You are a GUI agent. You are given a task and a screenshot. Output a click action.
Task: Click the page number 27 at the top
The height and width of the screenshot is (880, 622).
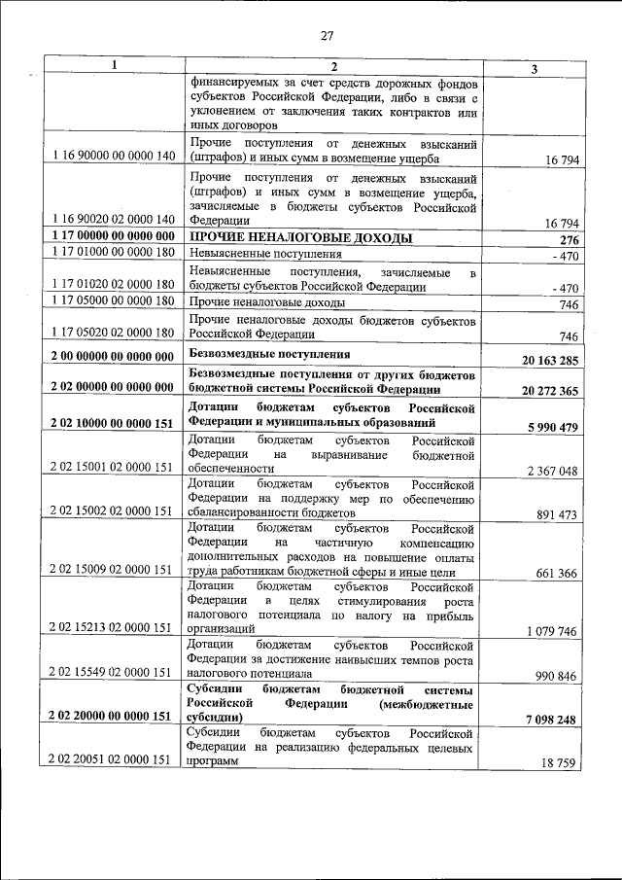[x=327, y=37]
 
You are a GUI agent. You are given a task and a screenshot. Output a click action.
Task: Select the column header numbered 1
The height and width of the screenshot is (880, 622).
[x=114, y=66]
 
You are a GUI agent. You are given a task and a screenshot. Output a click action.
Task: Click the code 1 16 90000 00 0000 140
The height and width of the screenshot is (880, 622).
[x=114, y=157]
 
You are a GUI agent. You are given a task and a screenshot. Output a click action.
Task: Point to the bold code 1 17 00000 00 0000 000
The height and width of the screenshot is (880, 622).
[x=114, y=236]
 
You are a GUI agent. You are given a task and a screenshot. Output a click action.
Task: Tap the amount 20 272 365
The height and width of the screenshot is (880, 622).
[x=550, y=390]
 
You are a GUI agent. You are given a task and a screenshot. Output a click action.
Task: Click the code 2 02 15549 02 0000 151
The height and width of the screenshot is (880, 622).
[x=114, y=672]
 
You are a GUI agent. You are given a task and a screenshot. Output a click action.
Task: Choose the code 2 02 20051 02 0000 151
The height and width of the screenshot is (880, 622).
[x=114, y=760]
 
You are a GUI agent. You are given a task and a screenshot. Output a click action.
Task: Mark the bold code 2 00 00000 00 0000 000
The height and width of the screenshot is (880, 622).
[x=114, y=357]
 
